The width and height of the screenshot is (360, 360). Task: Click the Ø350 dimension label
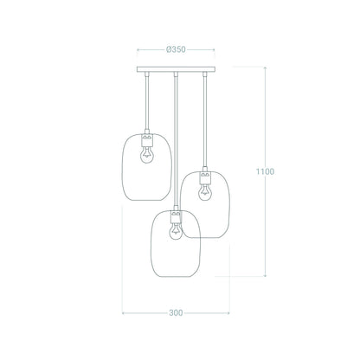point(176,49)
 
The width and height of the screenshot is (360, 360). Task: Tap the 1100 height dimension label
point(265,171)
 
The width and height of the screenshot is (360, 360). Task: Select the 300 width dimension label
point(176,313)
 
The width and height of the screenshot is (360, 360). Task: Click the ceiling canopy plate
point(176,69)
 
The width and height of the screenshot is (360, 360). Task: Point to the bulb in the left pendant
point(147,155)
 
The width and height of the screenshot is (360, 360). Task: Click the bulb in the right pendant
point(204,192)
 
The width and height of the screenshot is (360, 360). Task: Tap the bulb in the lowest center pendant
point(176,231)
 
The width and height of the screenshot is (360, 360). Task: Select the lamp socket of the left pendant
point(147,140)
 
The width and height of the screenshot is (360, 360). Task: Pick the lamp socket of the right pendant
point(205,177)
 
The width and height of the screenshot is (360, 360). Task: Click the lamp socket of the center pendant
point(176,216)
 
